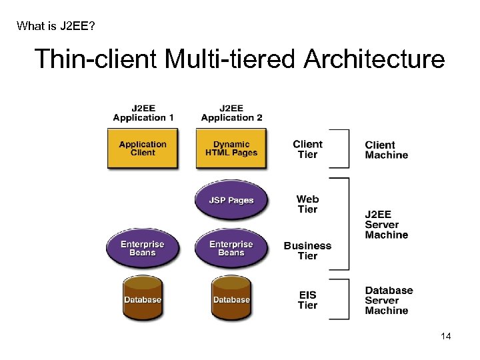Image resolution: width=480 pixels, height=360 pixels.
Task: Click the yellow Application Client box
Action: tap(143, 149)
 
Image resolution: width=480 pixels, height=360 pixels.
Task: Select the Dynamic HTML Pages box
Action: tap(231, 149)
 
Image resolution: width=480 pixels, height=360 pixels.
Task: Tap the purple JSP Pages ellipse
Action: tap(231, 200)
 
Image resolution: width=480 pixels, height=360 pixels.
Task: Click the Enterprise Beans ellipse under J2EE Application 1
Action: tap(143, 248)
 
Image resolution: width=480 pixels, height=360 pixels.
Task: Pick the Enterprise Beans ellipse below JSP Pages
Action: tap(231, 248)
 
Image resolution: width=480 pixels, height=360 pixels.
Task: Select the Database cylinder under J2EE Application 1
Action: tap(143, 299)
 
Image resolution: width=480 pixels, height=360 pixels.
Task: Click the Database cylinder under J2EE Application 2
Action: tap(231, 299)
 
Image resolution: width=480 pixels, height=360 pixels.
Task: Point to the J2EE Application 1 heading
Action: tap(143, 113)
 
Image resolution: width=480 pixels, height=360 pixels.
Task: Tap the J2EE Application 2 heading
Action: tap(231, 113)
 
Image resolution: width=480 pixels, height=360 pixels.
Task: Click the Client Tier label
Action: tap(307, 149)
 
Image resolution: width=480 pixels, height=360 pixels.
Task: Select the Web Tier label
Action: tap(307, 204)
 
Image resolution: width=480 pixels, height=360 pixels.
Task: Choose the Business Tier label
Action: tap(307, 251)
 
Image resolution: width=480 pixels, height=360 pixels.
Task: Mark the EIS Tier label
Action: tap(307, 300)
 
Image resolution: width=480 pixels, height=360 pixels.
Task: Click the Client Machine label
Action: tap(386, 150)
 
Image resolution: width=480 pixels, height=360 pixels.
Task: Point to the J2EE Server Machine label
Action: tap(386, 225)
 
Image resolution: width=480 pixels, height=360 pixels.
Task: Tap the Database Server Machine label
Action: tap(389, 301)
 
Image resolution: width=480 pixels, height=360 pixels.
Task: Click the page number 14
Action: tap(445, 336)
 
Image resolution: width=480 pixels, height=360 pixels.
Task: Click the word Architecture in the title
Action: tap(374, 59)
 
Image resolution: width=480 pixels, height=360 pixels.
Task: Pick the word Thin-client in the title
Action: tap(95, 59)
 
